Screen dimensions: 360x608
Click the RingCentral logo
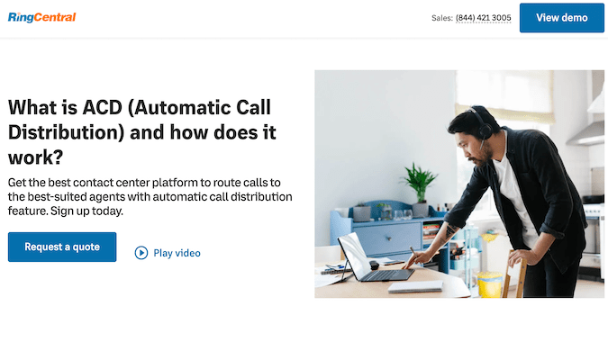[41, 17]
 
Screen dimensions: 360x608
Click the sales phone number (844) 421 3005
[484, 18]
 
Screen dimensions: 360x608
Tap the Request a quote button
[62, 247]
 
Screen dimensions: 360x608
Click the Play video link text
[177, 253]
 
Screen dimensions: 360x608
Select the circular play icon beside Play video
[141, 253]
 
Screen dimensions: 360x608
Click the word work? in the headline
[35, 156]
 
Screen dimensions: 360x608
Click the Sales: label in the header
[441, 18]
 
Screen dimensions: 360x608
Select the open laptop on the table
[365, 261]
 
